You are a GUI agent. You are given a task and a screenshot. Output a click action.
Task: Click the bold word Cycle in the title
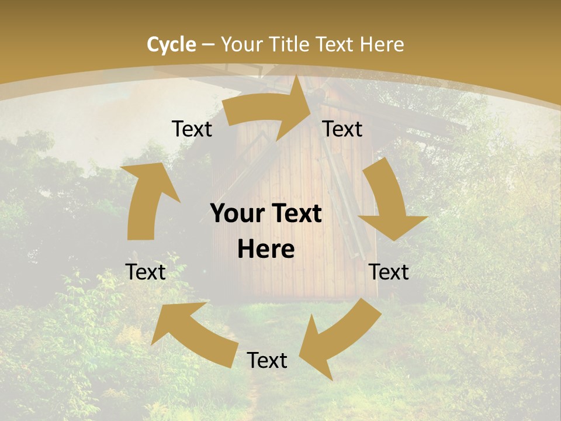tap(171, 44)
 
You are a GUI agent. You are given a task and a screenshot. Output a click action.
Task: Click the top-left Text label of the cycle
tap(192, 129)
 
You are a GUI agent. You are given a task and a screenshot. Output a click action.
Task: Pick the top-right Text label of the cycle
tap(342, 129)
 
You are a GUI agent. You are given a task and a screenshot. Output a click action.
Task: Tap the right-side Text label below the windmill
tap(389, 272)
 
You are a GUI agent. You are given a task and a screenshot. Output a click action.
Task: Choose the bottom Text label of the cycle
tap(267, 360)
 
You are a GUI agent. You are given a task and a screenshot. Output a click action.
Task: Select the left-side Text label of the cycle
tap(146, 272)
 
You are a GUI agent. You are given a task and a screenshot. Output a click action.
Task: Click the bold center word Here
tap(266, 250)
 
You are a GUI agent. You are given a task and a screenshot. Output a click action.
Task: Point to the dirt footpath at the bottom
tap(252, 398)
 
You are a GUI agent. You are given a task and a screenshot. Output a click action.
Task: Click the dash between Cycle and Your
tap(208, 45)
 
